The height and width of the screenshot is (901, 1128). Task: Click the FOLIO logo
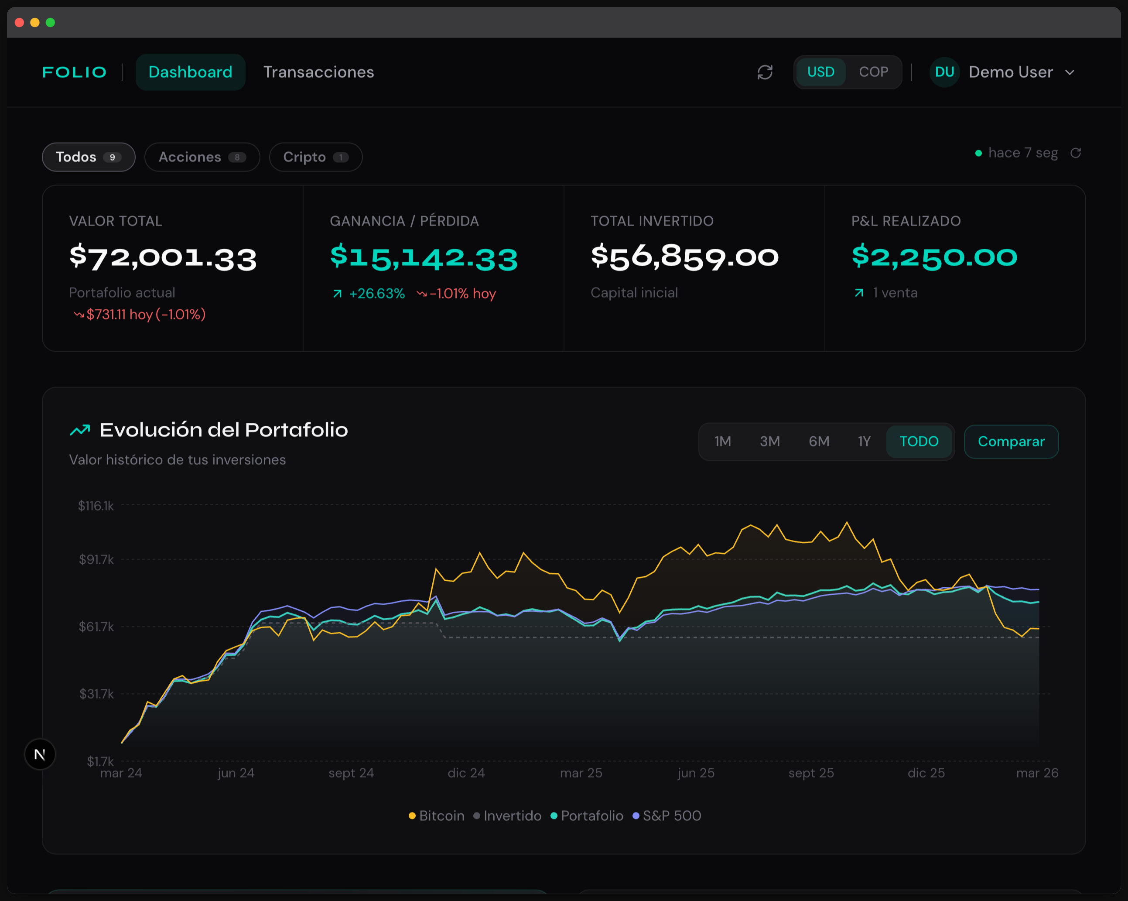pos(74,72)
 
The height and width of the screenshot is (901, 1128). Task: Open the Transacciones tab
pos(318,72)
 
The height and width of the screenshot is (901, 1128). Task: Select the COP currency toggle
pos(873,72)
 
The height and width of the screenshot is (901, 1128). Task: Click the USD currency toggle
pos(820,72)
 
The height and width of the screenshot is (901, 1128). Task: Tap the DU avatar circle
pos(944,72)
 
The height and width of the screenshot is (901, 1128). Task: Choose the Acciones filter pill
pos(202,157)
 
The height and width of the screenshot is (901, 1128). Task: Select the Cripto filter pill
pos(315,157)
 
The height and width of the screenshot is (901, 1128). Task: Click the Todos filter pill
pos(89,157)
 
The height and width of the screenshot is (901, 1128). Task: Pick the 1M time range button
pos(722,442)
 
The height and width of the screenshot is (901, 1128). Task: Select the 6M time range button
pos(819,442)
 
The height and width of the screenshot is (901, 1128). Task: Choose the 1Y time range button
pos(864,442)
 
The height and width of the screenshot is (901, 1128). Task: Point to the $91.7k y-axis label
pos(96,560)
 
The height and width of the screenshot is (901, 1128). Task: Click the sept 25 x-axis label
pos(811,773)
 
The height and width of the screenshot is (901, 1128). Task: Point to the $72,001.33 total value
pos(163,257)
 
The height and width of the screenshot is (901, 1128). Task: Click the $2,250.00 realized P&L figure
pos(934,257)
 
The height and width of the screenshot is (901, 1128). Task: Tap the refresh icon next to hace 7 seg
pos(1076,153)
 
